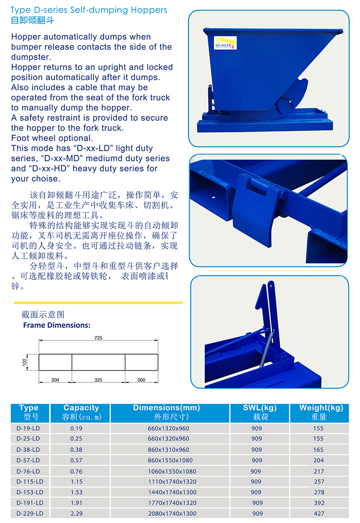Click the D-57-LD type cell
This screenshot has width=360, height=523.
(28, 460)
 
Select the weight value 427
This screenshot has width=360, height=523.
(319, 514)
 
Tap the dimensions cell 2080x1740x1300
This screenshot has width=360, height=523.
(172, 514)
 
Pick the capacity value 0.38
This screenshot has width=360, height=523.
(76, 450)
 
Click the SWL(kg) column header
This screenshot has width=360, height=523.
(260, 413)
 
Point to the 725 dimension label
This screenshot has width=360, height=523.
(98, 337)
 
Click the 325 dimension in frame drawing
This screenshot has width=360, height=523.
(98, 380)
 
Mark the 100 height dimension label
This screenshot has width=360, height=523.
(24, 362)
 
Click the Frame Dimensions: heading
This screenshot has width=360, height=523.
(57, 325)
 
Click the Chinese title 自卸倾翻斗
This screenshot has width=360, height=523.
(32, 20)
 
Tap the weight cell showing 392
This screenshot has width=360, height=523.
(319, 503)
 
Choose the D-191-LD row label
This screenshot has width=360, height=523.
(30, 503)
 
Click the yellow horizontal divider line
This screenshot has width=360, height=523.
(98, 303)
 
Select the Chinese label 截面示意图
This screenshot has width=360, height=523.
(43, 315)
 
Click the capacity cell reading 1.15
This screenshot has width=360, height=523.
(76, 482)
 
